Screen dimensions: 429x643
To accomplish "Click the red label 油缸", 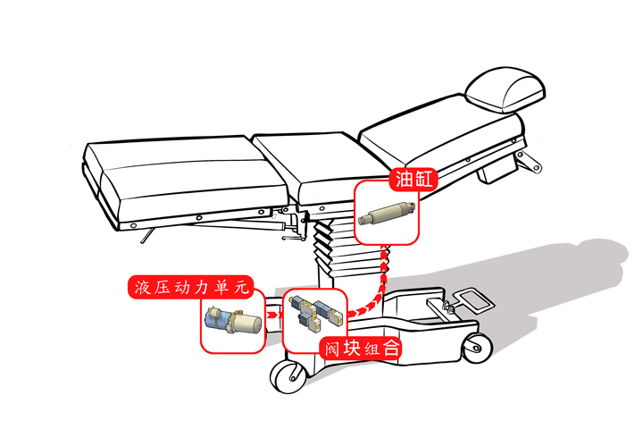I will click(413, 179).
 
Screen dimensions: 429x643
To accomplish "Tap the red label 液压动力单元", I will click(191, 287).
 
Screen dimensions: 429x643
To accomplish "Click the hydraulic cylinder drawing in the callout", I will click(387, 215).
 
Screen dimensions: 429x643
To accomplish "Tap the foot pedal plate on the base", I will click(471, 297).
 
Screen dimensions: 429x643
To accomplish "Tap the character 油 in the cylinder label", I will click(405, 179).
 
